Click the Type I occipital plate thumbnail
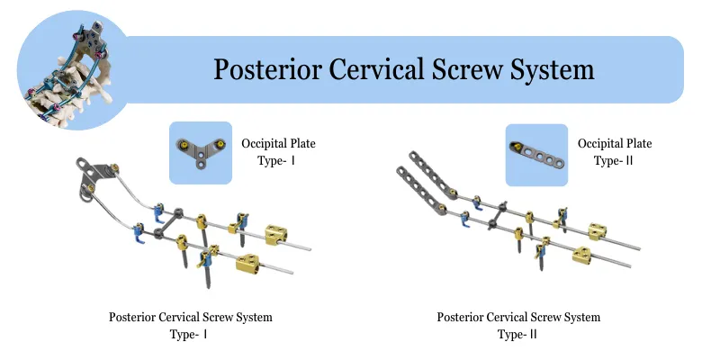point(201,152)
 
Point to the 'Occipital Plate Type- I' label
point(278,151)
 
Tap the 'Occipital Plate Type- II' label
point(615,151)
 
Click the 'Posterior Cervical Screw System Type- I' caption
point(190,325)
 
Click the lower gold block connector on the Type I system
point(248,263)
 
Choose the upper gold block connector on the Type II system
point(598,230)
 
